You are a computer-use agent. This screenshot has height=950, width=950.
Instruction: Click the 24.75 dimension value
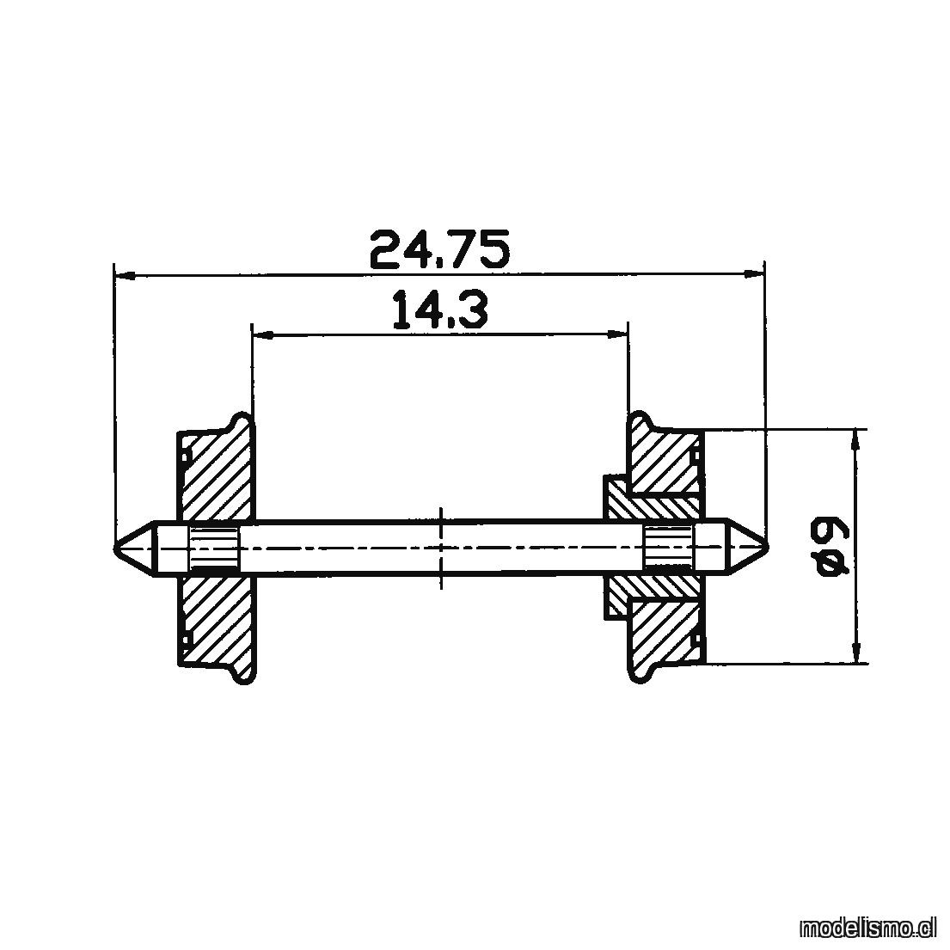[439, 249]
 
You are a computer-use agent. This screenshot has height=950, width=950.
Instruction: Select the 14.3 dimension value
[440, 309]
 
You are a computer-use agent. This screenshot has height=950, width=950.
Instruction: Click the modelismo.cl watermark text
[867, 927]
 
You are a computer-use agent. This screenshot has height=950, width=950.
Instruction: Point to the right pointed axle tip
[766, 549]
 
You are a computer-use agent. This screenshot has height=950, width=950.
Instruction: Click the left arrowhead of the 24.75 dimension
[124, 276]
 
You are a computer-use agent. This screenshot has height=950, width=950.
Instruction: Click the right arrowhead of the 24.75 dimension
[754, 274]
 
